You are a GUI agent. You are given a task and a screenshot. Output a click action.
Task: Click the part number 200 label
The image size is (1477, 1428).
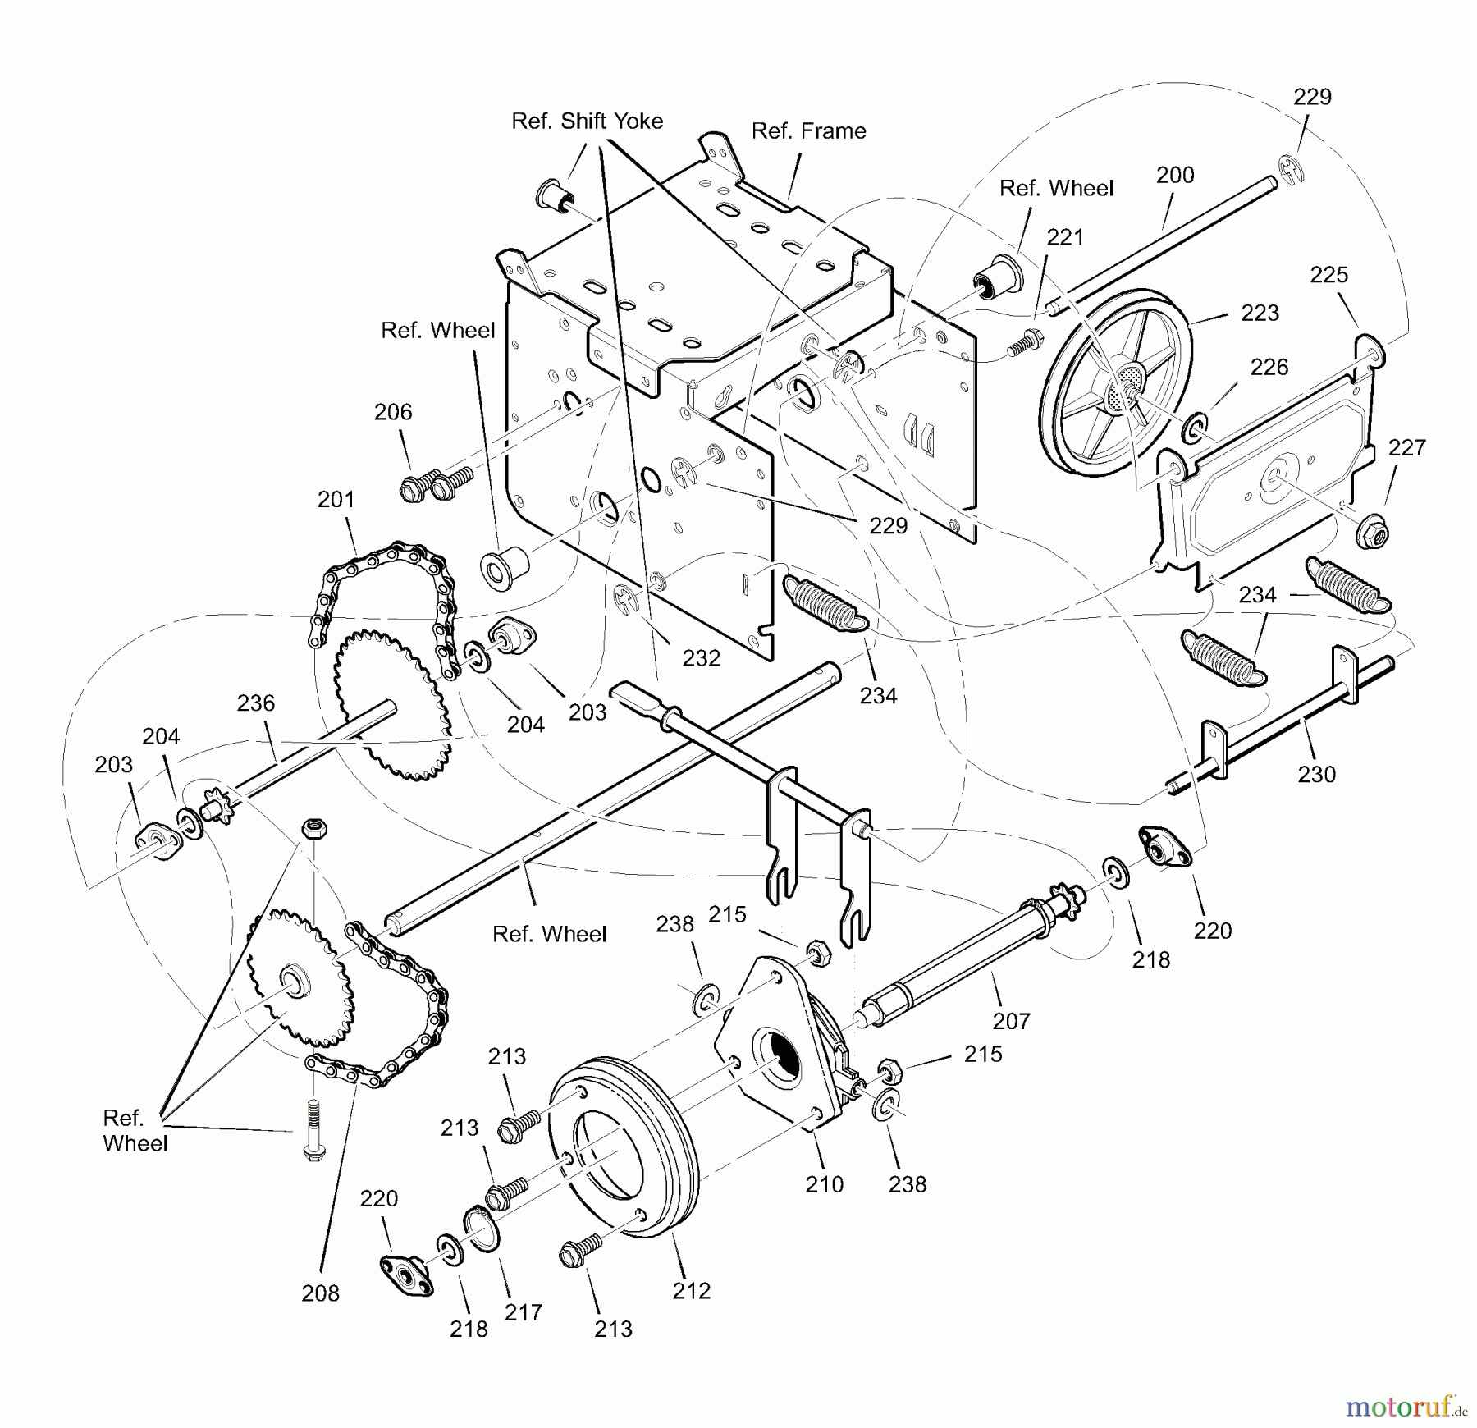pyautogui.click(x=1175, y=175)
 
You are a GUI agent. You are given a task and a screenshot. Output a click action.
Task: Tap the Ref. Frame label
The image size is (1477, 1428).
pyautogui.click(x=808, y=131)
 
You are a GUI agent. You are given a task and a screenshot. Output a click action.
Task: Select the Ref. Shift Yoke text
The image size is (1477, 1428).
pyautogui.click(x=587, y=121)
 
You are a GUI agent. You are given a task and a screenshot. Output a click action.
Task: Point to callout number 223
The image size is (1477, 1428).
pyautogui.click(x=1260, y=313)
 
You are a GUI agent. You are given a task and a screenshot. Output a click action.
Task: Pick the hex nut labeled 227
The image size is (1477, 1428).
pyautogui.click(x=1370, y=534)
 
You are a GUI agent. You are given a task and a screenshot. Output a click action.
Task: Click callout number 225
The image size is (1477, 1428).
pyautogui.click(x=1328, y=275)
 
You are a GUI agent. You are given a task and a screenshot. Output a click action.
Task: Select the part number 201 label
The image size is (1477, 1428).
pyautogui.click(x=336, y=499)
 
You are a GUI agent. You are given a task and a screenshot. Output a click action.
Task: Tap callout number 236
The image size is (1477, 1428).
pyautogui.click(x=255, y=703)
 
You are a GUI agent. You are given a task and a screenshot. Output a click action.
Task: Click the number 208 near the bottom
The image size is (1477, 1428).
pyautogui.click(x=320, y=1293)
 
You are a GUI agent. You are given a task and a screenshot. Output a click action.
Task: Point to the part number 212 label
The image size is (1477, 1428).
pyautogui.click(x=691, y=1291)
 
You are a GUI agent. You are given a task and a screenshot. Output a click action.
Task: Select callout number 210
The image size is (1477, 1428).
pyautogui.click(x=824, y=1184)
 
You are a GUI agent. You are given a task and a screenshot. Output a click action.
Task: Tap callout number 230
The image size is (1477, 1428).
pyautogui.click(x=1316, y=774)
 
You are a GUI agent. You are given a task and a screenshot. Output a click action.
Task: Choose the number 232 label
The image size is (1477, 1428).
pyautogui.click(x=701, y=658)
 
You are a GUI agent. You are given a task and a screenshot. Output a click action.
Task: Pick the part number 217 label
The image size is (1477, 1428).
pyautogui.click(x=524, y=1313)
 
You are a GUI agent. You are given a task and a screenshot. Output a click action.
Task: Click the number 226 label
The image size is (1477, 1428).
pyautogui.click(x=1269, y=367)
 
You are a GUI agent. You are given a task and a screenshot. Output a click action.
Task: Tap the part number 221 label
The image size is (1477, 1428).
pyautogui.click(x=1065, y=237)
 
